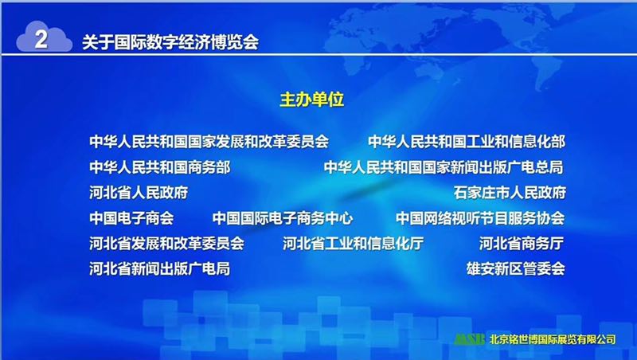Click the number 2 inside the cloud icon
point(41,39)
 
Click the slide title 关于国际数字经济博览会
point(170,42)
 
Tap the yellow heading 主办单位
point(312,100)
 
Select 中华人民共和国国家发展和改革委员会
point(209,142)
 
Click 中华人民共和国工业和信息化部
point(467,142)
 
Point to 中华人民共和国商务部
point(160,167)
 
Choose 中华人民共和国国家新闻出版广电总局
point(444,167)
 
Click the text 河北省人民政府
point(139,193)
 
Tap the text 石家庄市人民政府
point(510,193)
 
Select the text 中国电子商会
point(131,218)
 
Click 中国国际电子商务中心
point(283,218)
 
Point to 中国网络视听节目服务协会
point(480,218)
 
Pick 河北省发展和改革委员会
point(166,244)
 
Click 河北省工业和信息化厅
point(353,244)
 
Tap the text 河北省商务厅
point(522,244)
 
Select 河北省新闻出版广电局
point(160,268)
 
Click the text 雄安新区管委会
point(515,268)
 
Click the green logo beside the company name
point(469,339)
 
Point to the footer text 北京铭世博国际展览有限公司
point(553,339)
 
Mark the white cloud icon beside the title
point(44,37)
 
